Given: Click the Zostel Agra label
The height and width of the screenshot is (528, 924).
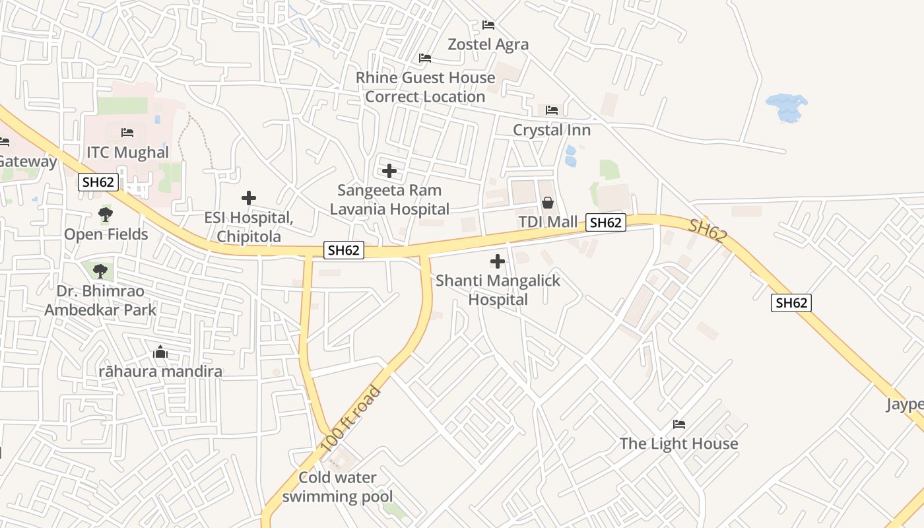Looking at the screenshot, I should pyautogui.click(x=488, y=44).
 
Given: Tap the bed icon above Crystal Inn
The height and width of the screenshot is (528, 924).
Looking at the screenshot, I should pyautogui.click(x=552, y=110).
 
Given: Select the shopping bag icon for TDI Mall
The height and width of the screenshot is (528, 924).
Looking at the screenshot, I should pyautogui.click(x=547, y=203).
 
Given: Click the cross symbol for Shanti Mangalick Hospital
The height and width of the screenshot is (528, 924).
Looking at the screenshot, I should pyautogui.click(x=498, y=261).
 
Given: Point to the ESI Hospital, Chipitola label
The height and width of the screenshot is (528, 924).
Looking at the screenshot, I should pyautogui.click(x=249, y=227).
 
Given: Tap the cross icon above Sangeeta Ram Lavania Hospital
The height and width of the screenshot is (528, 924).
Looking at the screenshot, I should pyautogui.click(x=389, y=172).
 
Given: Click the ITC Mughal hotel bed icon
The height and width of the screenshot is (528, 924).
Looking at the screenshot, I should pyautogui.click(x=127, y=133).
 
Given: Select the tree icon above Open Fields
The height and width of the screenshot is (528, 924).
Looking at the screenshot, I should pyautogui.click(x=105, y=214).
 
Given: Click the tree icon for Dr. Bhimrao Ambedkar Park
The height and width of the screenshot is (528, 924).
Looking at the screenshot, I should pyautogui.click(x=100, y=271).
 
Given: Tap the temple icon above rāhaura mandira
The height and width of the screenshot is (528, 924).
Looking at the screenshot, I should pyautogui.click(x=160, y=352).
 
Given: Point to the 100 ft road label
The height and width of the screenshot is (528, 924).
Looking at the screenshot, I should pyautogui.click(x=351, y=419).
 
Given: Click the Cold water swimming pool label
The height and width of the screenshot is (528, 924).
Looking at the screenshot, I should pyautogui.click(x=337, y=487).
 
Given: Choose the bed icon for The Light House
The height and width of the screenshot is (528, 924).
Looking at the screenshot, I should pyautogui.click(x=679, y=424).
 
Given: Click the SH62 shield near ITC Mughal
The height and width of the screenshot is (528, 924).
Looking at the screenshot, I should pyautogui.click(x=98, y=182).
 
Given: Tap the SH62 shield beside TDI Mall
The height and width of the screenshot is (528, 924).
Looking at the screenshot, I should pyautogui.click(x=606, y=222).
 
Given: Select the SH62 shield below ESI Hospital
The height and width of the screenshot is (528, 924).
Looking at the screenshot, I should pyautogui.click(x=344, y=250).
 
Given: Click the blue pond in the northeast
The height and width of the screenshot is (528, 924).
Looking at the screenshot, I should pyautogui.click(x=786, y=107).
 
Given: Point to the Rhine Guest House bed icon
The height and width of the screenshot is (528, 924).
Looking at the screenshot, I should pyautogui.click(x=425, y=58).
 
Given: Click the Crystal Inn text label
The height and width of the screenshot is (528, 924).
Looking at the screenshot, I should pyautogui.click(x=552, y=130).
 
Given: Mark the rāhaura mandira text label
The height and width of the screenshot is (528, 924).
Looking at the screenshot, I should pyautogui.click(x=160, y=372).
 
